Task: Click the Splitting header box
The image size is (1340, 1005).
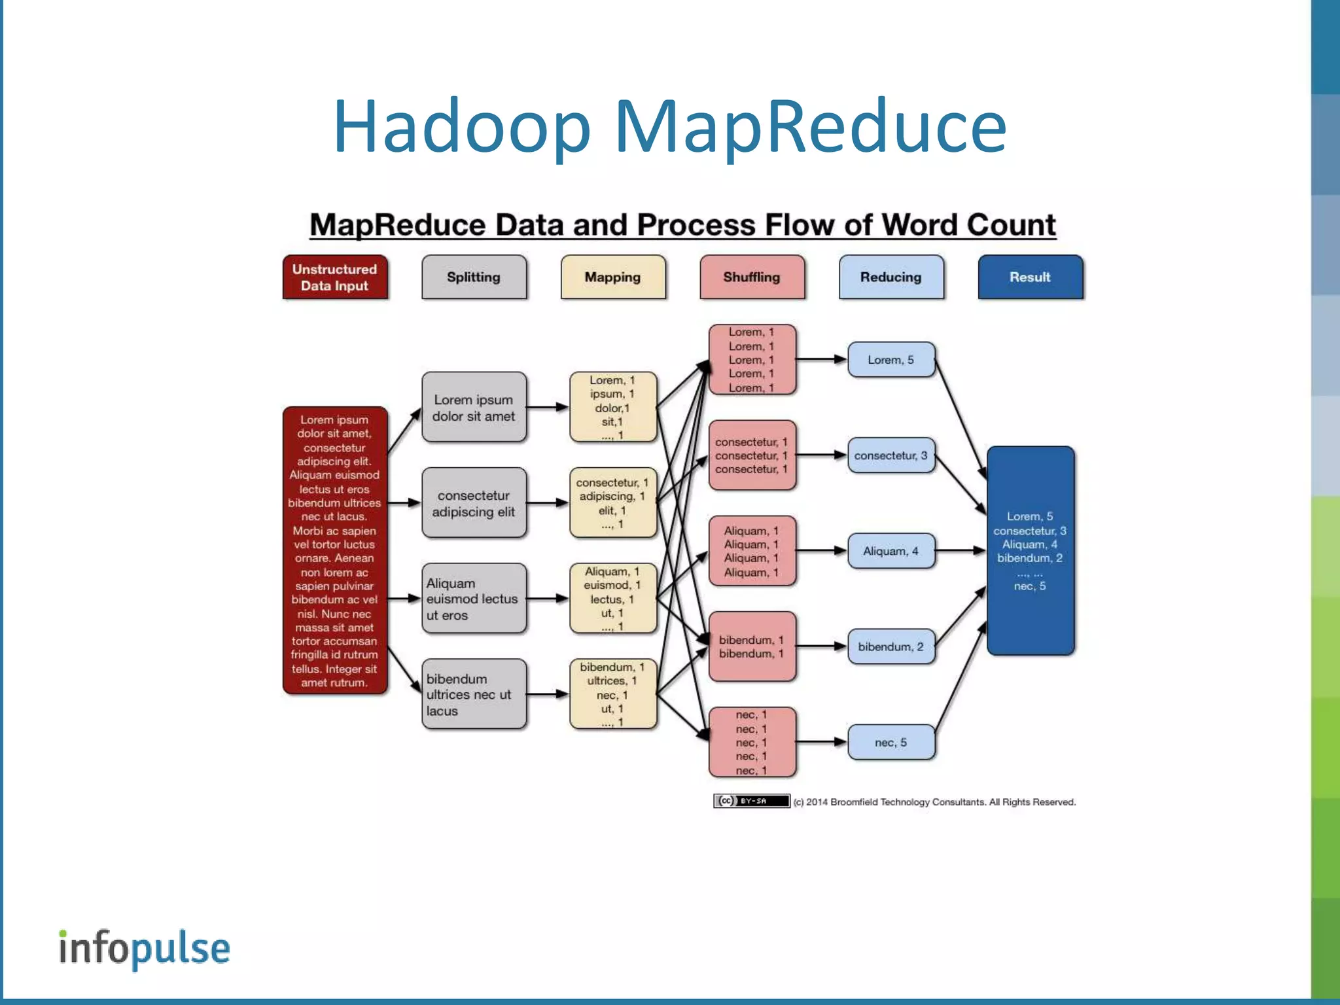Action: coord(474,277)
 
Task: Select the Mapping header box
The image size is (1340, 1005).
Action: coord(612,277)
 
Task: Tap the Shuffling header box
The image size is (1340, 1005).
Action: coord(752,277)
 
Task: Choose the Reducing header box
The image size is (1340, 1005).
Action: coord(890,277)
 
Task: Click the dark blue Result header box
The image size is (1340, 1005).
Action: coord(1030,277)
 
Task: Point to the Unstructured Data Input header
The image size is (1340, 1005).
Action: coord(334,277)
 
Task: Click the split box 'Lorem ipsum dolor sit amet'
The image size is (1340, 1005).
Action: coord(474,408)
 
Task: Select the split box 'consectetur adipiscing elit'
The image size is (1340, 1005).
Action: coord(474,503)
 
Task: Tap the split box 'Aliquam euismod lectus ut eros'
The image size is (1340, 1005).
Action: coord(474,599)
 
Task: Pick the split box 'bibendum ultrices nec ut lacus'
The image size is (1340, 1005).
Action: coord(474,694)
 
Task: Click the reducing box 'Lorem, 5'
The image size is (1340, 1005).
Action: coord(890,359)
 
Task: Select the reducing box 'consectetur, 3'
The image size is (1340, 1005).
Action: coord(890,455)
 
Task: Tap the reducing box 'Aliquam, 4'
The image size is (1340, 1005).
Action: coord(890,551)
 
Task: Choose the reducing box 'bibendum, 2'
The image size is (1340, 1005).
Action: coord(890,646)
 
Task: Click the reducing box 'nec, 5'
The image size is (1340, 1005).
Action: coord(890,742)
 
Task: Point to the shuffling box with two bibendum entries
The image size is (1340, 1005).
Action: coord(752,646)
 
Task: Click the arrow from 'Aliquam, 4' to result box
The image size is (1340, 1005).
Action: coord(960,551)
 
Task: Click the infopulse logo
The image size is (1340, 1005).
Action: coord(145,949)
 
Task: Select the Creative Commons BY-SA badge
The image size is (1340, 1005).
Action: coord(751,801)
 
